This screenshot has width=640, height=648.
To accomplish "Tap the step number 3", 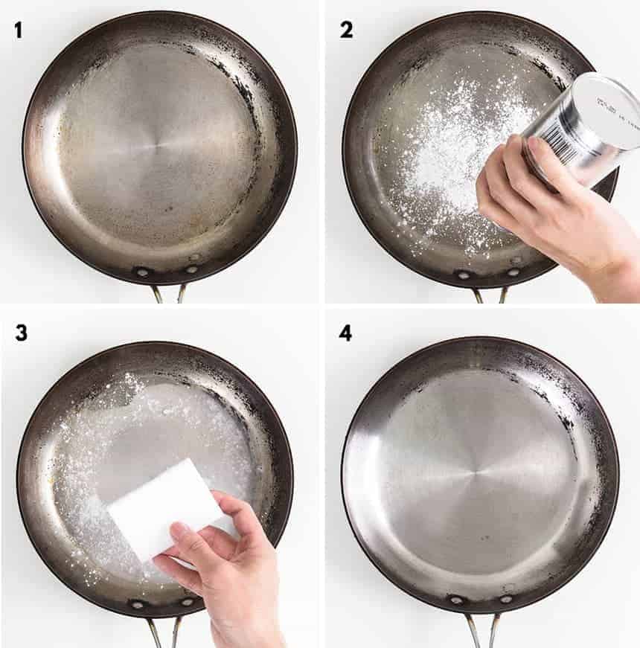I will tap(21, 332).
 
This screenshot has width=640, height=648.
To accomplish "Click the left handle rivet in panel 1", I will tap(141, 272).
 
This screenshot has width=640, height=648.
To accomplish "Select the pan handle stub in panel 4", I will tap(481, 629).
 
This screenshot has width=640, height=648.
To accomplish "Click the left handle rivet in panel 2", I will tap(462, 275).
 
